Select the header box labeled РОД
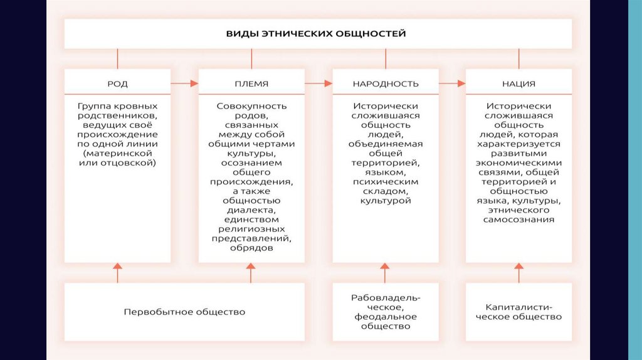pyautogui.click(x=117, y=83)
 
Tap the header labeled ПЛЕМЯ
pyautogui.click(x=251, y=83)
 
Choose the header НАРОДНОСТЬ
pyautogui.click(x=385, y=83)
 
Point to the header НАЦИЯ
pyautogui.click(x=518, y=83)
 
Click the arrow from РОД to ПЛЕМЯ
pyautogui.click(x=184, y=83)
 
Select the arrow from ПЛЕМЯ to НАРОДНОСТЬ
pyautogui.click(x=318, y=83)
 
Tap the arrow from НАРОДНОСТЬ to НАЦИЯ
pyautogui.click(x=452, y=83)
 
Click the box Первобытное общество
pyautogui.click(x=184, y=312)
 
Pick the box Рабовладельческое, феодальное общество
pyautogui.click(x=385, y=312)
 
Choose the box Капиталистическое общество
pyautogui.click(x=518, y=312)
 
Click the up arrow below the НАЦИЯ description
pyautogui.click(x=518, y=273)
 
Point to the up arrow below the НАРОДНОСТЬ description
pyautogui.click(x=385, y=273)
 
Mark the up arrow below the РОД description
pyautogui.click(x=117, y=273)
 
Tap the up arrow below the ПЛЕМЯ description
pyautogui.click(x=251, y=273)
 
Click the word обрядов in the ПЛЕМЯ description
pyautogui.click(x=251, y=248)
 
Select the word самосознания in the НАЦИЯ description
pyautogui.click(x=518, y=220)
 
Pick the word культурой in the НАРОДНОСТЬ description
pyautogui.click(x=385, y=201)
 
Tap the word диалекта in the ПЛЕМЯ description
pyautogui.click(x=251, y=210)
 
